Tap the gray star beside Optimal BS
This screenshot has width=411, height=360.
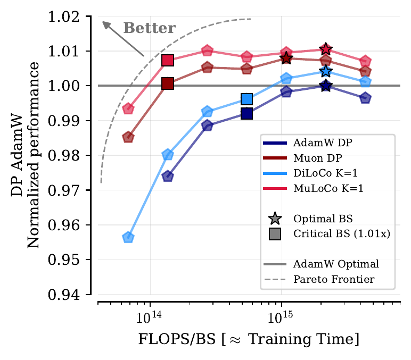275,219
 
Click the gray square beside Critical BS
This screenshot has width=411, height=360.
275,233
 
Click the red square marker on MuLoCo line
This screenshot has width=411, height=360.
168,60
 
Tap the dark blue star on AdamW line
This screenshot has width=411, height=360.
326,86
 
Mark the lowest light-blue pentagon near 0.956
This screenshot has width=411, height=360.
128,237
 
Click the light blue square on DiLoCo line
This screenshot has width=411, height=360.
246,99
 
